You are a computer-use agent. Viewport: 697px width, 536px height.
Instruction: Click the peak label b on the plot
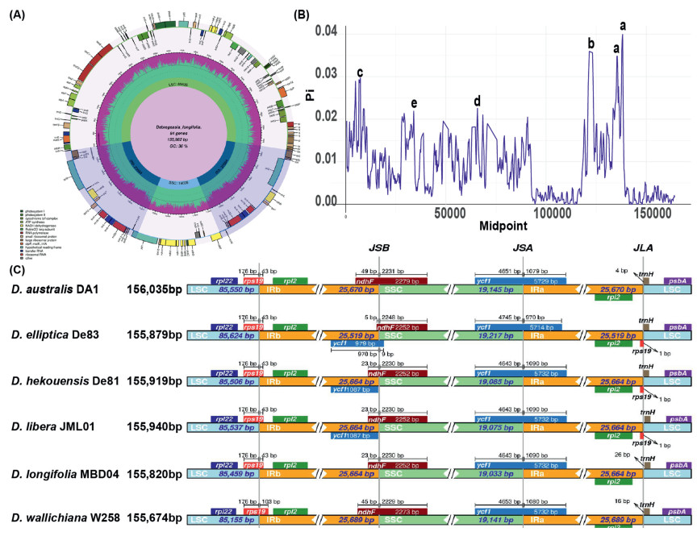click(591, 43)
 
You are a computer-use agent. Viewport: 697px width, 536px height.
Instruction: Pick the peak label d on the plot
click(477, 101)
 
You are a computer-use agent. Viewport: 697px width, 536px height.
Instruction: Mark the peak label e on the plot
click(414, 102)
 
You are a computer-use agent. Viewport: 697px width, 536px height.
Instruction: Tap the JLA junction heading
click(644, 249)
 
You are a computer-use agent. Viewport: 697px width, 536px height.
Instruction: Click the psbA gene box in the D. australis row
click(676, 280)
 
